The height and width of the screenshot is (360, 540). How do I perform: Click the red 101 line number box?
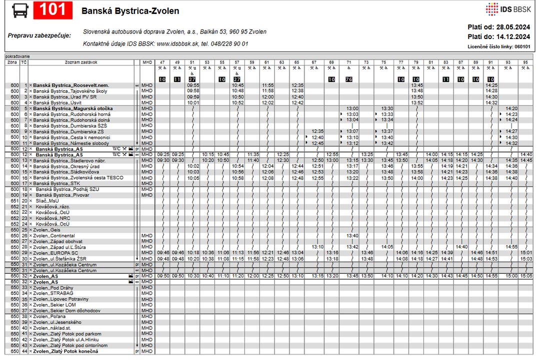pyautogui.click(x=52, y=10)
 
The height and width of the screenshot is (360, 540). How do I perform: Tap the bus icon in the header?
pyautogui.click(x=20, y=10)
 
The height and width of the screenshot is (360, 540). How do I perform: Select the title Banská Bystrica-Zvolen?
pyautogui.click(x=130, y=11)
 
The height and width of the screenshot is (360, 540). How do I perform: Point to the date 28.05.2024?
pyautogui.click(x=513, y=27)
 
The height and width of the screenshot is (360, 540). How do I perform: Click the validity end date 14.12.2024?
pyautogui.click(x=513, y=36)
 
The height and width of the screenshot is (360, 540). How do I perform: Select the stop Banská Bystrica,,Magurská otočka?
pyautogui.click(x=73, y=108)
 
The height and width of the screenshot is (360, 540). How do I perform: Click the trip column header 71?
pyautogui.click(x=348, y=62)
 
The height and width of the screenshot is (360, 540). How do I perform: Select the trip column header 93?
pyautogui.click(x=508, y=62)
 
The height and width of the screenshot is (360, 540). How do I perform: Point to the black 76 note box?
pyautogui.click(x=348, y=79)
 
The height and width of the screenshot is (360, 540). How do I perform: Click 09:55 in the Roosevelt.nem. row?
pyautogui.click(x=193, y=85)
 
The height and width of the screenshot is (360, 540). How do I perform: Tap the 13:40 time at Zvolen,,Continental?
pyautogui.click(x=352, y=235)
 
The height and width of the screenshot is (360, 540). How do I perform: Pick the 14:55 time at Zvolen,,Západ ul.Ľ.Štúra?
pyautogui.click(x=511, y=247)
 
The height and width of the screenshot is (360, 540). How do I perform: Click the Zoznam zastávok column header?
pyautogui.click(x=81, y=62)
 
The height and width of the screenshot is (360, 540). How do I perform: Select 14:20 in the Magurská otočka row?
pyautogui.click(x=511, y=108)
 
